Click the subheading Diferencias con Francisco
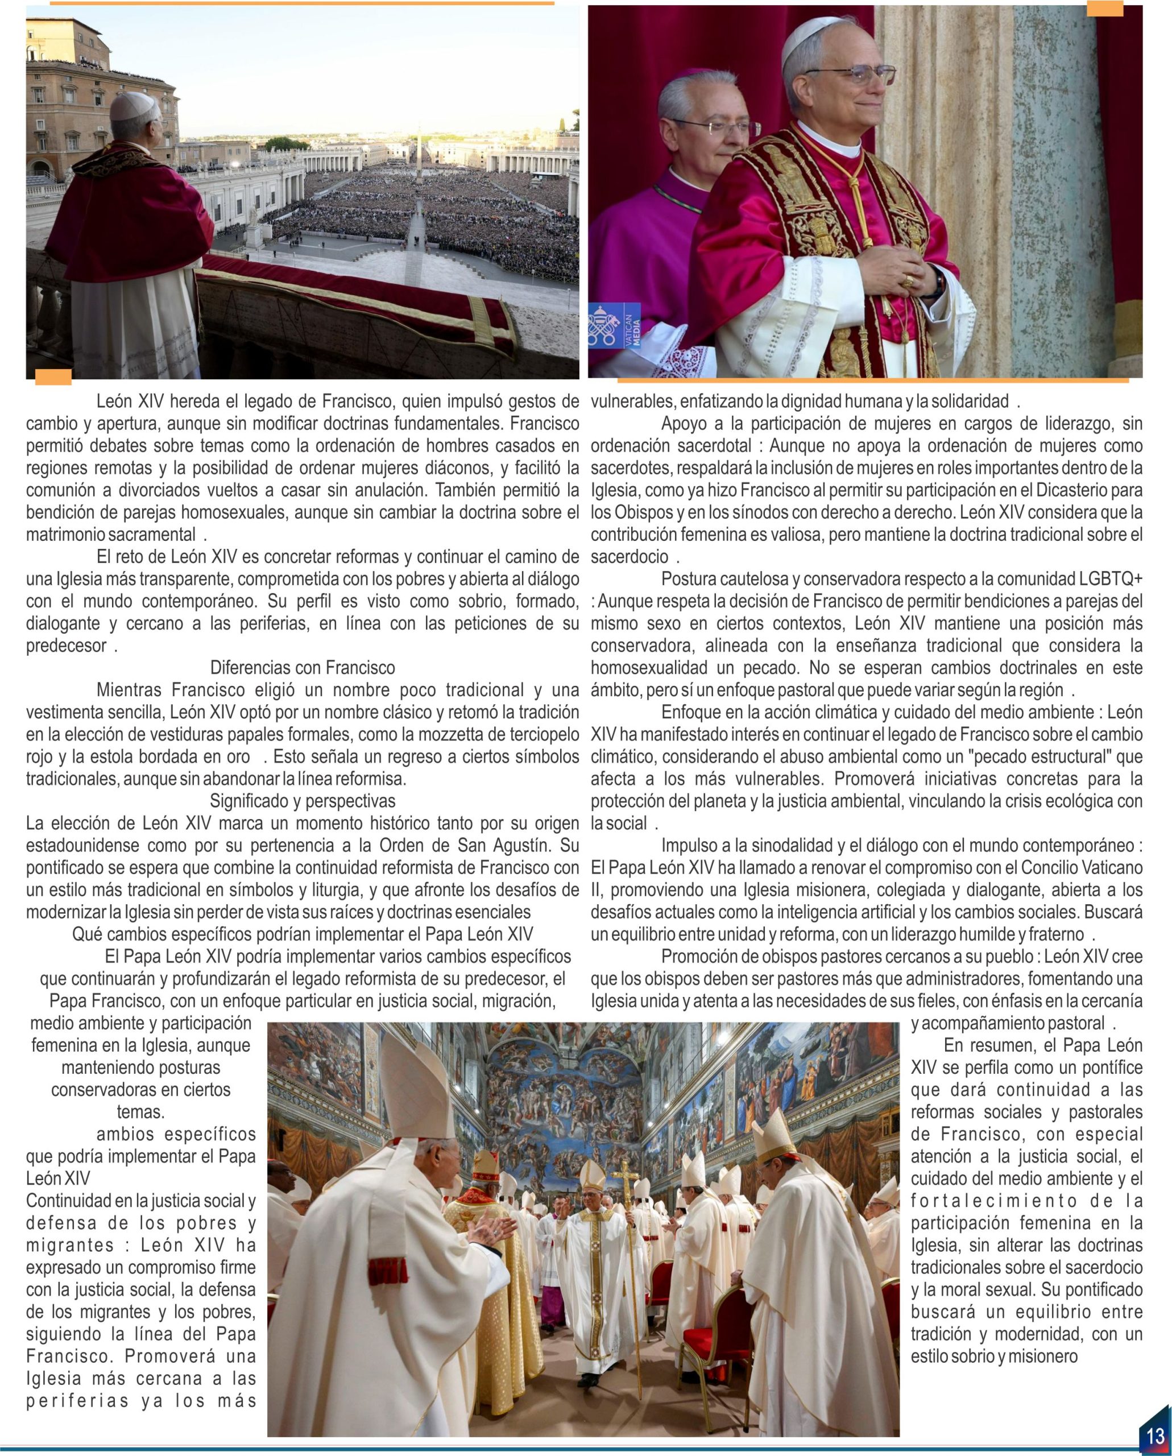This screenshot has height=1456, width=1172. pos(303,668)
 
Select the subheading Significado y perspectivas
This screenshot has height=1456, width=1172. pos(303,801)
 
